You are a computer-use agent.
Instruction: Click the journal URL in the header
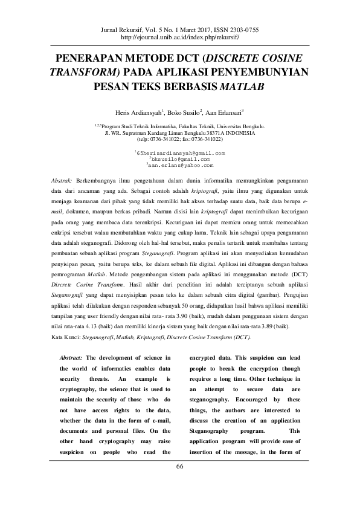[180, 37]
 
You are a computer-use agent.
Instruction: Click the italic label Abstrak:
[62, 181]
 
